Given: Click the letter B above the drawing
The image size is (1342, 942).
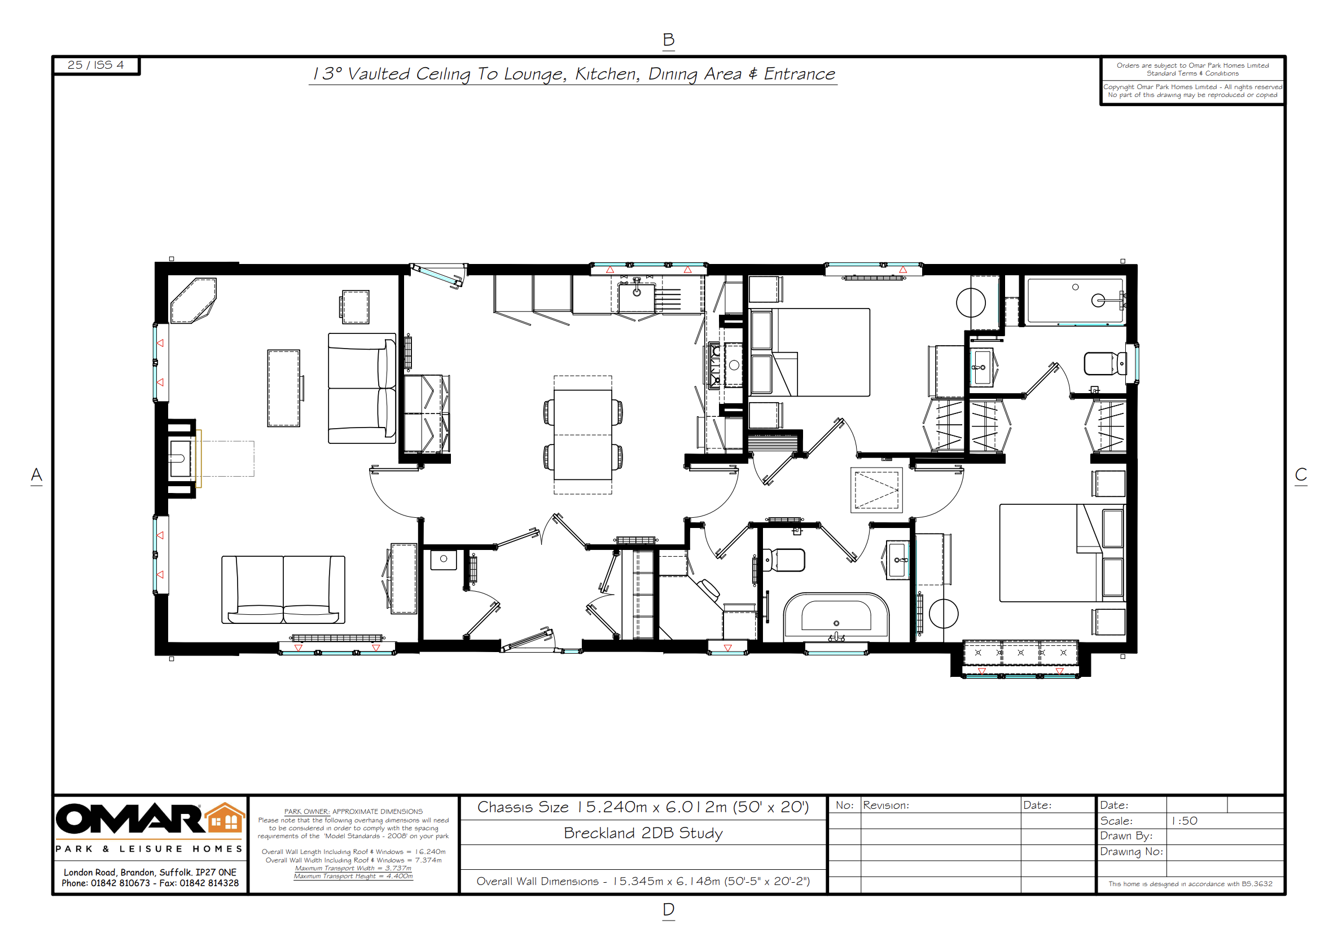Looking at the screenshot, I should tap(669, 39).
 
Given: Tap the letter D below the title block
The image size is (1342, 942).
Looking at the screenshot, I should tap(669, 909).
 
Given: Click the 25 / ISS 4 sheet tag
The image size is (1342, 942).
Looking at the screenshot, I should tap(96, 65).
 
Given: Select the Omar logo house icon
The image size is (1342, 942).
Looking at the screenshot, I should tap(226, 817).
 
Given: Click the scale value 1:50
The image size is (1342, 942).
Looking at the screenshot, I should tap(1184, 821).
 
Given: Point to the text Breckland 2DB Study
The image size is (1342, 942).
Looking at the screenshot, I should tap(643, 833).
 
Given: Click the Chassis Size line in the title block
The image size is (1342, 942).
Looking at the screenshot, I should tap(643, 807).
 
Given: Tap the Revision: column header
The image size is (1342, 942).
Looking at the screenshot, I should tap(885, 805).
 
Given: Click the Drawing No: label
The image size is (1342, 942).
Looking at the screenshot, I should tap(1131, 851).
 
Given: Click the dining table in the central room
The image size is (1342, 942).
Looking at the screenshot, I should tap(583, 434).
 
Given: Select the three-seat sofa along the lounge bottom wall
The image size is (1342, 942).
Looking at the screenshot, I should tap(283, 590).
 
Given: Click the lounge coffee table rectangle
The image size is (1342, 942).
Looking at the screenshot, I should tap(283, 388).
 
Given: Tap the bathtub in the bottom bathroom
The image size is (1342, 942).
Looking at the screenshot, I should tap(836, 618).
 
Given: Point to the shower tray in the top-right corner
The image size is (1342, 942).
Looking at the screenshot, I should tap(1076, 300).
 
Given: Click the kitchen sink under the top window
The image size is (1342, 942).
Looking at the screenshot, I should tap(637, 297).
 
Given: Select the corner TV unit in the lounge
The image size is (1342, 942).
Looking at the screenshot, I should tap(193, 300).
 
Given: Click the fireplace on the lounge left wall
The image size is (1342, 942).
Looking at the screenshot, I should tap(181, 459).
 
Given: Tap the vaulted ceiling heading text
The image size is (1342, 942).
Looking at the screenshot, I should tap(573, 74).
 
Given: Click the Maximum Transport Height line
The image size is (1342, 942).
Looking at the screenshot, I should tap(353, 876).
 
